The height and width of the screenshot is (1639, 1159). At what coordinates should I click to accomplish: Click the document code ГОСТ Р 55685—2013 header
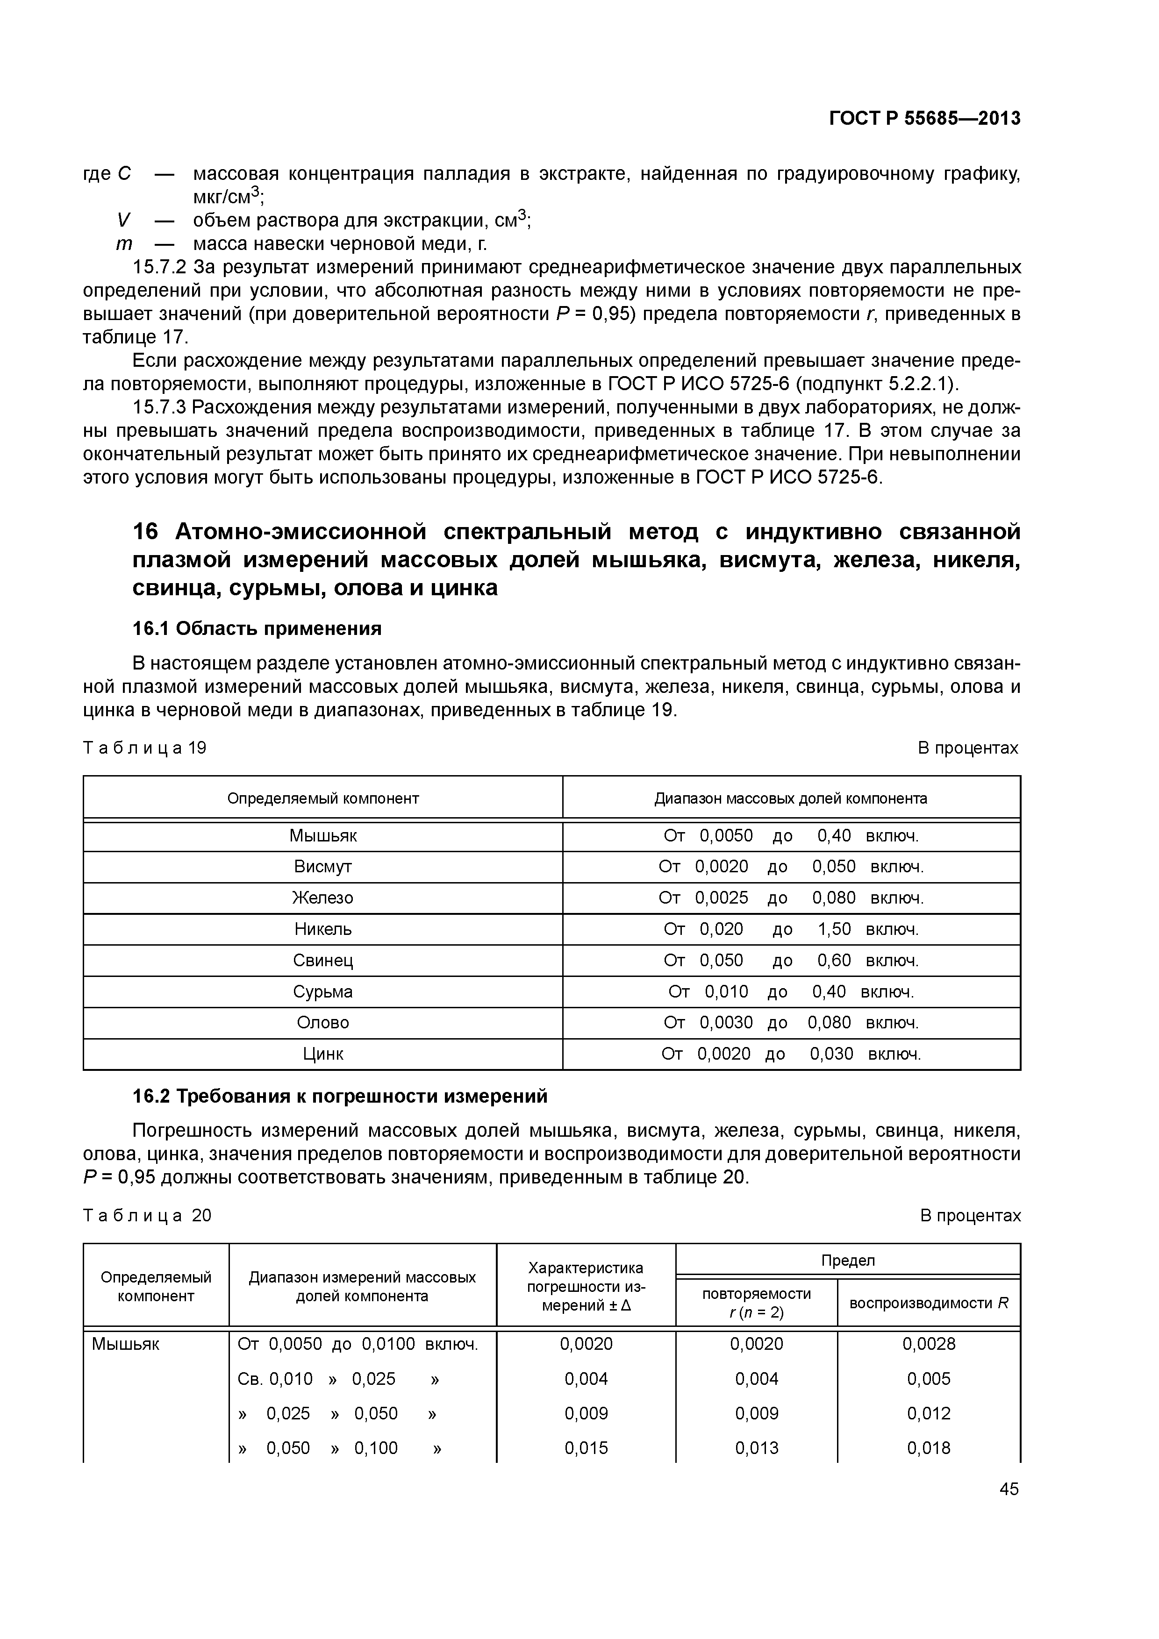click(x=925, y=119)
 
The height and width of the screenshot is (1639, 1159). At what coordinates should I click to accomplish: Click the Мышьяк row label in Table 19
click(x=323, y=835)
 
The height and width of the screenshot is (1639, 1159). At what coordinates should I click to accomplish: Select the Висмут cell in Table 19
click(x=323, y=867)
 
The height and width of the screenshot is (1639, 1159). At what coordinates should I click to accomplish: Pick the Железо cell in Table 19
click(x=323, y=898)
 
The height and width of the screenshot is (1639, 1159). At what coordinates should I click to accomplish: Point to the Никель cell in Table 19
click(x=323, y=929)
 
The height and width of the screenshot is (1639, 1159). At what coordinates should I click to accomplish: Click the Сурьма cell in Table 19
click(x=323, y=991)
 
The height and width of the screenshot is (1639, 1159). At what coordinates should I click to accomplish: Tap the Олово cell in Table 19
click(x=323, y=1022)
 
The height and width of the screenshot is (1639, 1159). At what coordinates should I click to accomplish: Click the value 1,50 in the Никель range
click(x=834, y=929)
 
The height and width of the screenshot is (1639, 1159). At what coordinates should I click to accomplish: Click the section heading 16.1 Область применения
click(x=257, y=628)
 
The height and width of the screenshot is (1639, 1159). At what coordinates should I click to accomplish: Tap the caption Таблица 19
click(x=145, y=748)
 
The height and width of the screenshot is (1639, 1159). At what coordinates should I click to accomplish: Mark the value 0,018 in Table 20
click(x=928, y=1448)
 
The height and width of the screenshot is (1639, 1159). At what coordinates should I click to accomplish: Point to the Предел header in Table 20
click(x=848, y=1261)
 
